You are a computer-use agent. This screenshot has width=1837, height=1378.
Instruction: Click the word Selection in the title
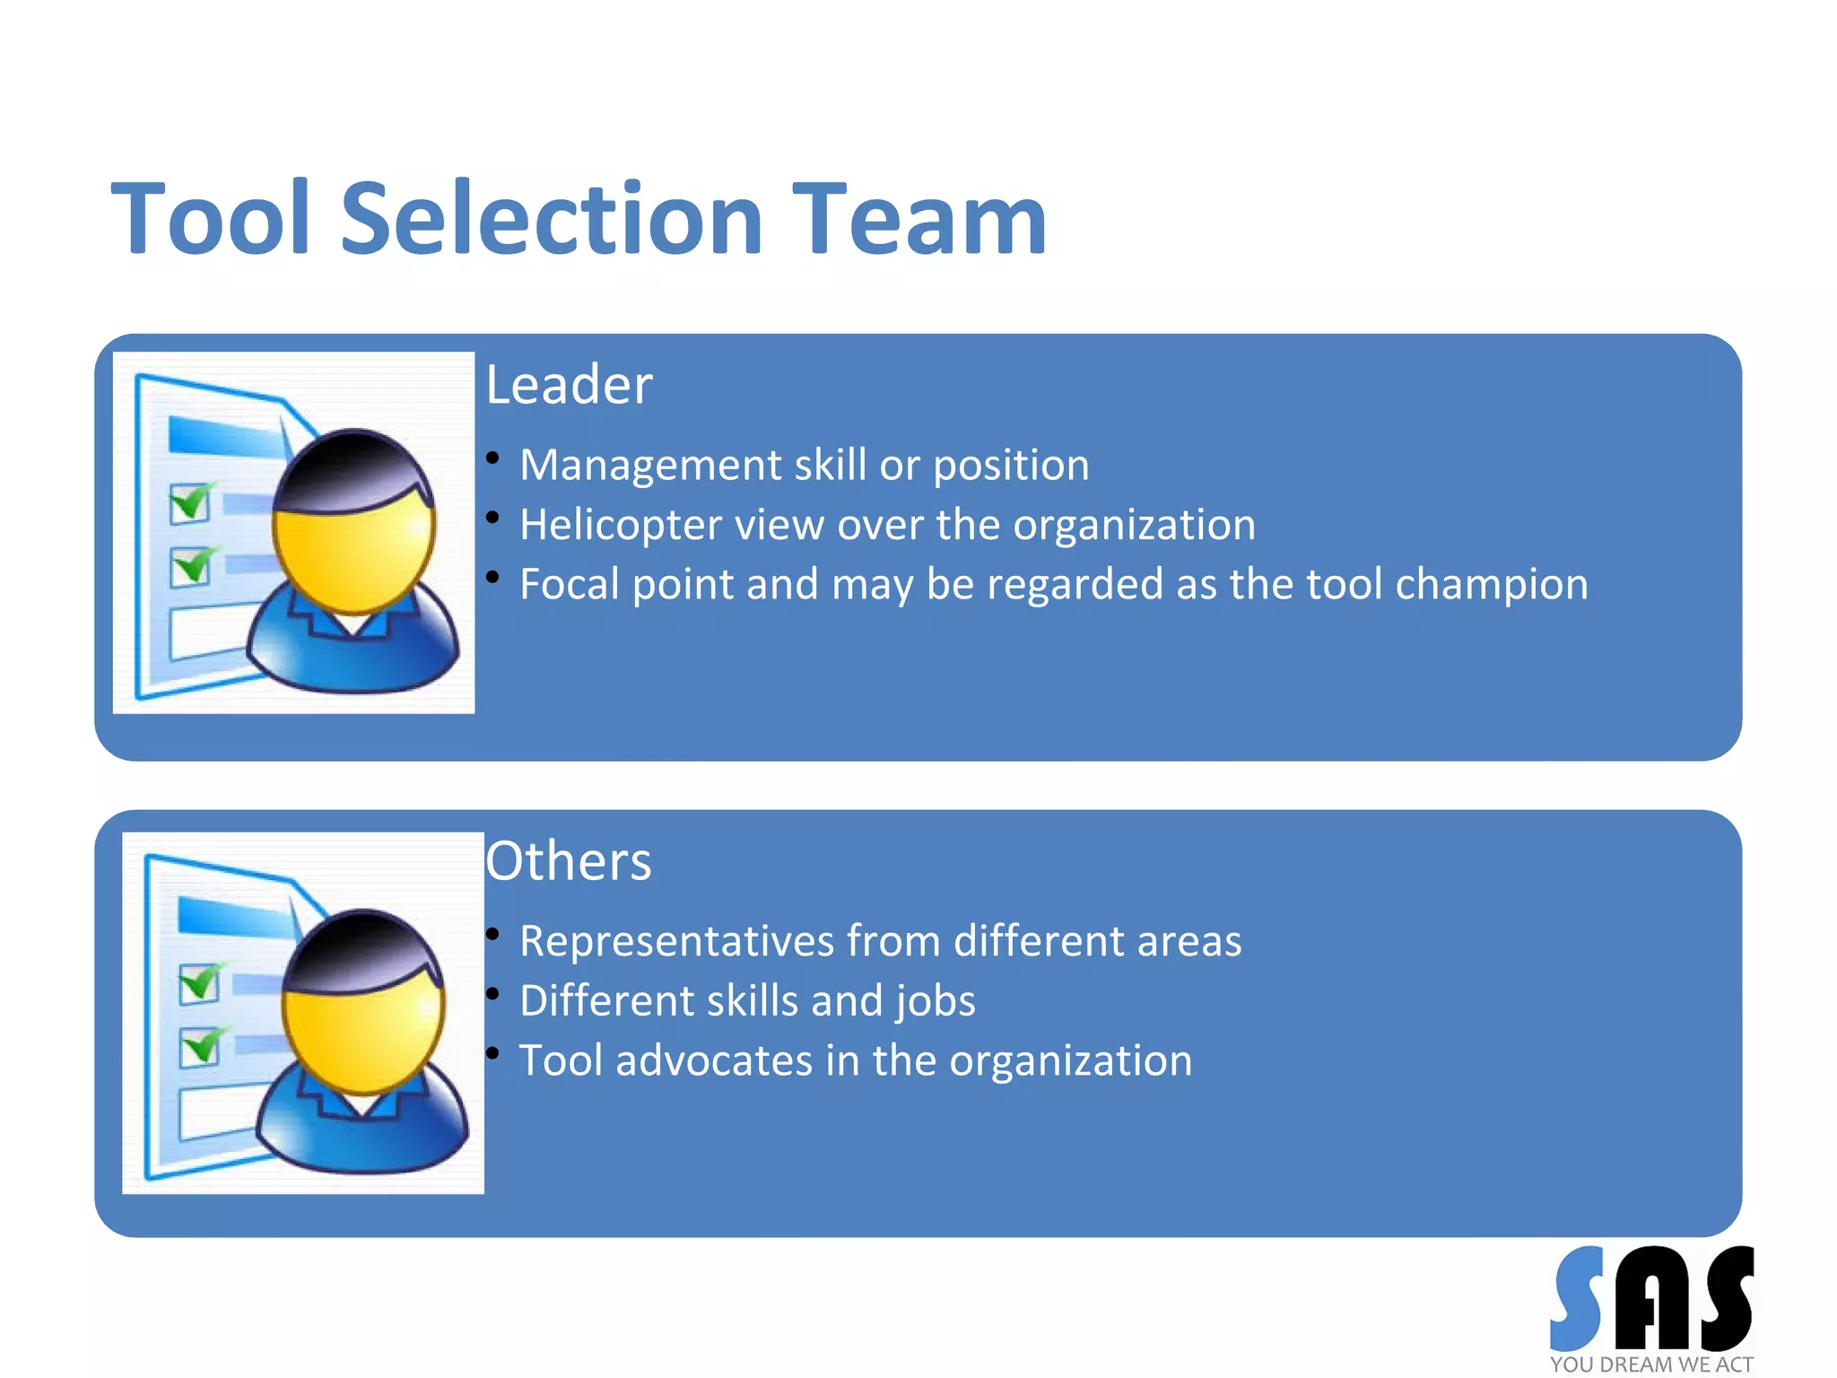click(x=551, y=219)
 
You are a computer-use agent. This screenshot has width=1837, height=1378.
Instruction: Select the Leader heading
click(x=569, y=385)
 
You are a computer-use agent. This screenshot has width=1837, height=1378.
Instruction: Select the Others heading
click(x=568, y=861)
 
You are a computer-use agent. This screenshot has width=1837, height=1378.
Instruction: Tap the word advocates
click(x=714, y=1060)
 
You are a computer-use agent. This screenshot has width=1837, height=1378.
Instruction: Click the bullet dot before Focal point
click(x=492, y=577)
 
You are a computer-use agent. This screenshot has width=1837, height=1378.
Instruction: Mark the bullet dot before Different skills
click(x=492, y=993)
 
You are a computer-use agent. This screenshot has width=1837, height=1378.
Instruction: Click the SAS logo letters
click(x=1651, y=1298)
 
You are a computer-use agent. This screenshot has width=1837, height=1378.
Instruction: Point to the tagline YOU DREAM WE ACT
click(x=1651, y=1365)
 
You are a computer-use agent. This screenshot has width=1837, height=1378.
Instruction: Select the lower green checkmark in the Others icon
click(x=201, y=1046)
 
